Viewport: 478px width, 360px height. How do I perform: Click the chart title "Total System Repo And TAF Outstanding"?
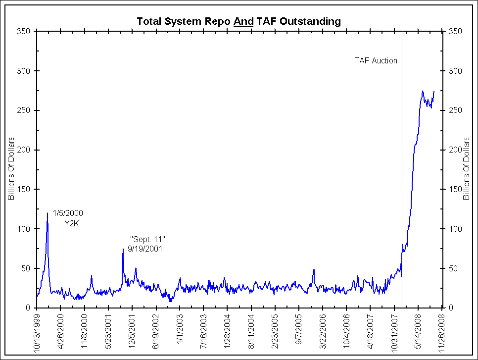pos(239,21)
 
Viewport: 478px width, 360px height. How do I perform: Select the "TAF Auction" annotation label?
pos(376,61)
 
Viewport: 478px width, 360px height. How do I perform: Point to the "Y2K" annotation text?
pos(73,223)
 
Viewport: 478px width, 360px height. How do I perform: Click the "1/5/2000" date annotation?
pos(68,213)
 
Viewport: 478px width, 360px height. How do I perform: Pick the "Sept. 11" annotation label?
pos(147,240)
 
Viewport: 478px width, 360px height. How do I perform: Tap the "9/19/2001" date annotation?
pos(145,249)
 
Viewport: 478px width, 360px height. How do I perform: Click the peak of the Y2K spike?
pos(48,213)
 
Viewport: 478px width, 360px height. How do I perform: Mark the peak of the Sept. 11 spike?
pos(123,249)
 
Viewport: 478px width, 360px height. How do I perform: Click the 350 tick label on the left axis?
pos(24,31)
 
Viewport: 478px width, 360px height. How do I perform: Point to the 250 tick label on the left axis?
pos(24,110)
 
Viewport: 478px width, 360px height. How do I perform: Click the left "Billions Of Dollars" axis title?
pos(10,169)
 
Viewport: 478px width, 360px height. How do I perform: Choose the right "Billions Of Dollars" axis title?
pos(466,169)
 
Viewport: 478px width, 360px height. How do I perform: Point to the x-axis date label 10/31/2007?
pos(394,332)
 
